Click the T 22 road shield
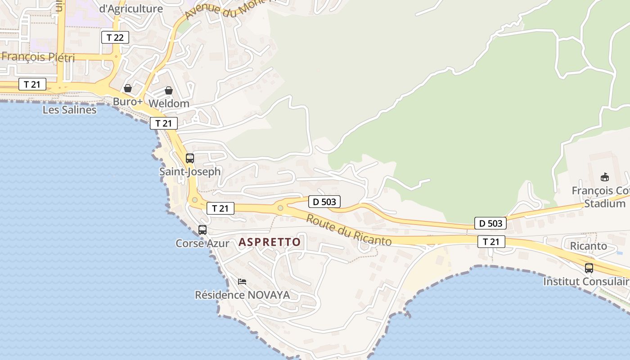(115, 37)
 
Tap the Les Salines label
(69, 110)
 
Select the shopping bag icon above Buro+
(128, 88)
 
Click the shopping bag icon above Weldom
(169, 90)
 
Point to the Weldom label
(168, 103)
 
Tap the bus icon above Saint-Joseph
(190, 158)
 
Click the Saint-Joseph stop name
(190, 171)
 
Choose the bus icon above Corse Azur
(202, 230)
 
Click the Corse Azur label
(202, 243)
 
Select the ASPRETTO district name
(270, 242)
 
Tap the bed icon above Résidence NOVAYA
(242, 282)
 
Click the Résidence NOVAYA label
(242, 295)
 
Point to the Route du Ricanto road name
(349, 230)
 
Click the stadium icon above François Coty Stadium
(604, 177)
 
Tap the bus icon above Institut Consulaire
(589, 268)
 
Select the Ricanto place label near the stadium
(588, 246)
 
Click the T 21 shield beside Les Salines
(32, 84)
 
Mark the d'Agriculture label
(130, 9)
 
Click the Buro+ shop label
(127, 102)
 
